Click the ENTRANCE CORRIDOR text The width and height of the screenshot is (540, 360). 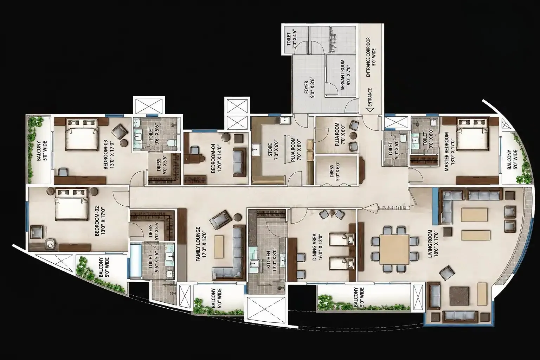(368, 57)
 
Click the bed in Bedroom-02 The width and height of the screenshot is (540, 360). (71, 205)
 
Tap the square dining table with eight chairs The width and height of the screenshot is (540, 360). (394, 249)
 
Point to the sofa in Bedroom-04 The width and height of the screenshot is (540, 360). (239, 162)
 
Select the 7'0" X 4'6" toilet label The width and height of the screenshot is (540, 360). (291, 39)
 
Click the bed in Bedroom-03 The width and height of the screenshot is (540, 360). (82, 135)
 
